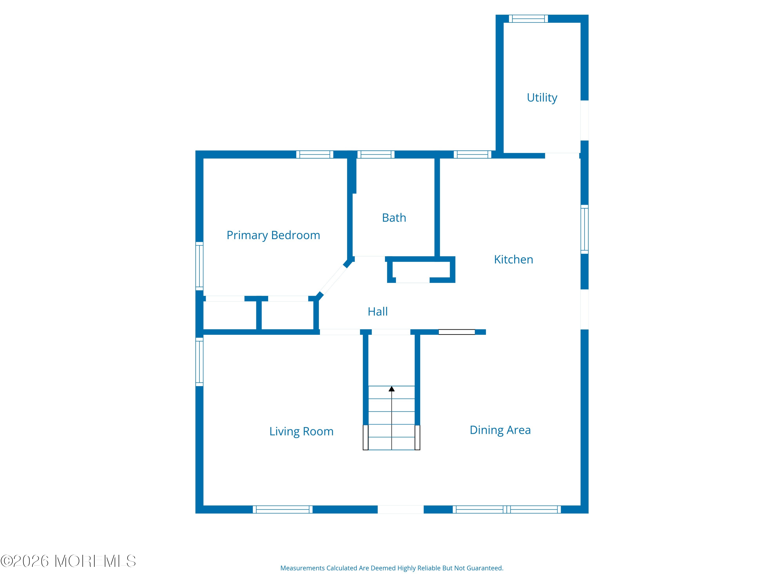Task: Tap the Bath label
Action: click(x=394, y=218)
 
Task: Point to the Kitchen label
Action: click(x=513, y=260)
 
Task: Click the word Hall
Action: click(x=377, y=312)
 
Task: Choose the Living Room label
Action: click(x=301, y=431)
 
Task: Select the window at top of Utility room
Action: click(x=528, y=19)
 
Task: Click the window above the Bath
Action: click(x=376, y=154)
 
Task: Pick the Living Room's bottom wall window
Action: click(x=283, y=509)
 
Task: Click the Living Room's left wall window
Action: click(x=200, y=361)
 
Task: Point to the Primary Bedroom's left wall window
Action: click(x=200, y=266)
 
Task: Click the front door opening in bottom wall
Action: click(x=401, y=509)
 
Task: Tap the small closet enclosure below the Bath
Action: click(x=421, y=270)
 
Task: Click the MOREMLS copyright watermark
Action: click(x=68, y=561)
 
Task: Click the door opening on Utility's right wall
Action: click(x=584, y=120)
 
